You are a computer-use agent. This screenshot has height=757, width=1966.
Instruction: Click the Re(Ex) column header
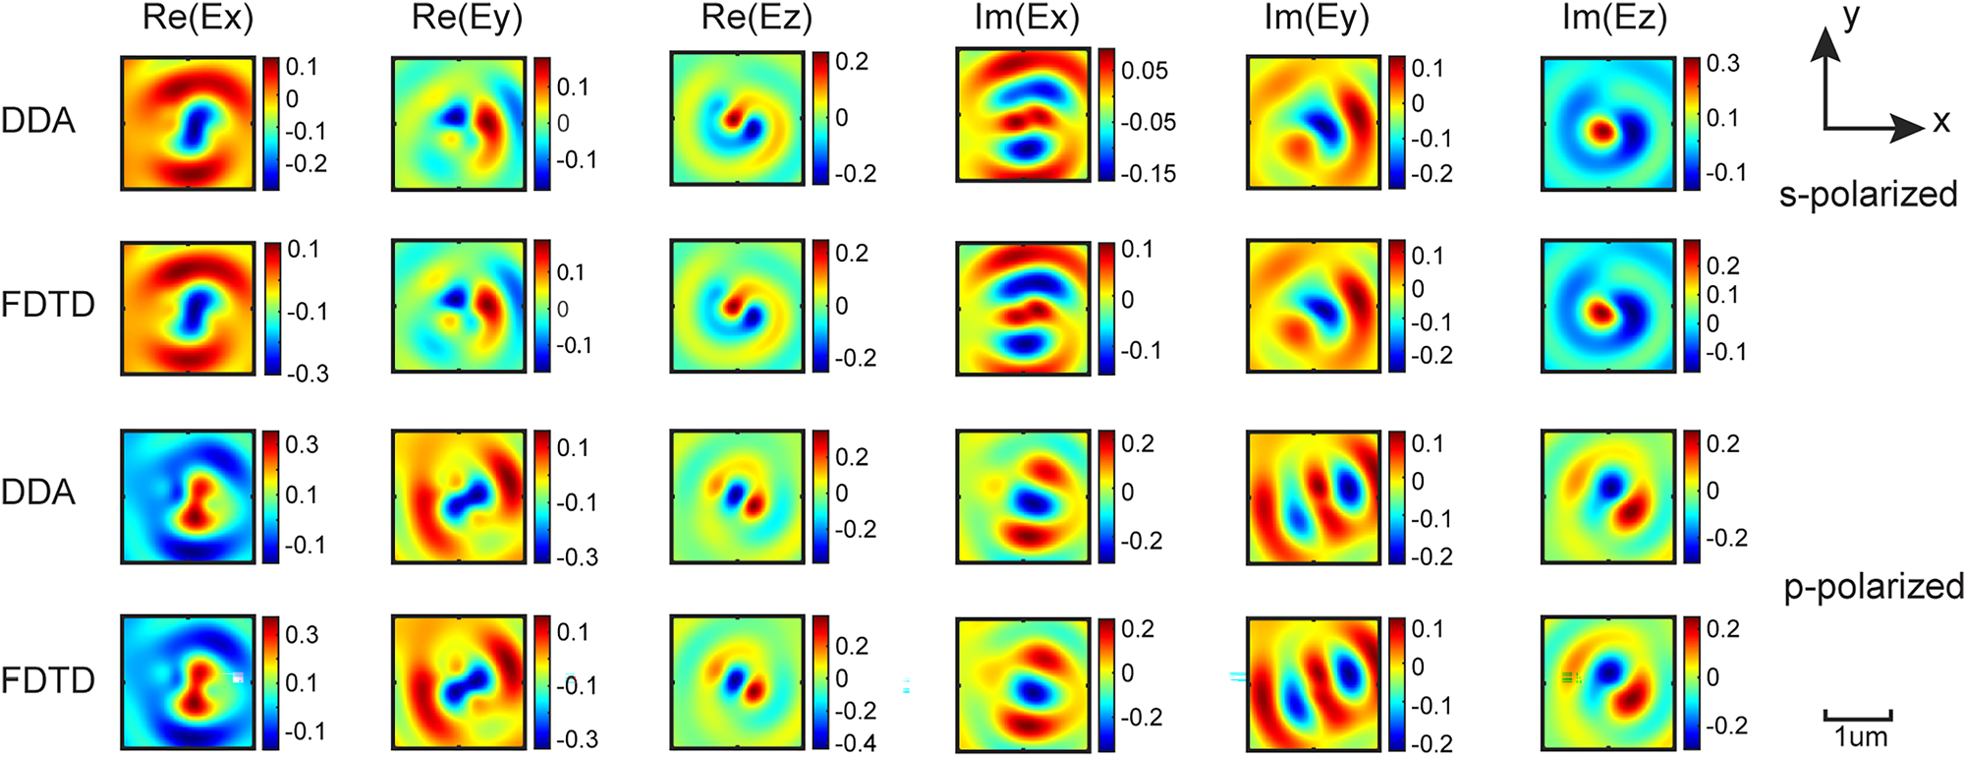(x=197, y=19)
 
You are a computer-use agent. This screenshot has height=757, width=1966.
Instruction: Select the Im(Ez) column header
(x=1614, y=19)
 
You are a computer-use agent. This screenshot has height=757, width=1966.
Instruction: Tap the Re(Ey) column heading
(x=467, y=19)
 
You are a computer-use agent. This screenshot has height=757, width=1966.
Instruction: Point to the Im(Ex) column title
(x=1027, y=19)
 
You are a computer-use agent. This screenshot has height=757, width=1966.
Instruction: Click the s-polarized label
(x=1868, y=195)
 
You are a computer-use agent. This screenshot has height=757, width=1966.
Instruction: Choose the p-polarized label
(x=1873, y=587)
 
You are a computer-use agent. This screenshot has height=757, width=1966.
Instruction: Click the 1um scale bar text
(x=1860, y=736)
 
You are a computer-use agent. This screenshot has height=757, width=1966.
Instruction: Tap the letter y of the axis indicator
(x=1851, y=18)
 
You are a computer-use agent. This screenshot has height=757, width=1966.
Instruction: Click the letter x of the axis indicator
(x=1940, y=122)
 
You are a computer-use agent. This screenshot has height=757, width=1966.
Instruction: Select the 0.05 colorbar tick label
(x=1145, y=71)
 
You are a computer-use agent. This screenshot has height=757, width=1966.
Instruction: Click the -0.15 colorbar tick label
(x=1149, y=174)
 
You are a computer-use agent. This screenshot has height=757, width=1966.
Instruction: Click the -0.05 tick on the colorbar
(x=1149, y=123)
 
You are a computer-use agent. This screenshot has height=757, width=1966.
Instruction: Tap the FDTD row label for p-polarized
(x=47, y=680)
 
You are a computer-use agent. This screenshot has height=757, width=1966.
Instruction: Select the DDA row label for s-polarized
(x=38, y=121)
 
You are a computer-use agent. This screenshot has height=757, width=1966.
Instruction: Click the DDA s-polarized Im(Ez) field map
(x=1607, y=123)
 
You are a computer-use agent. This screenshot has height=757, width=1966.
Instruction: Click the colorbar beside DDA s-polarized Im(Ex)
(x=1106, y=114)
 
